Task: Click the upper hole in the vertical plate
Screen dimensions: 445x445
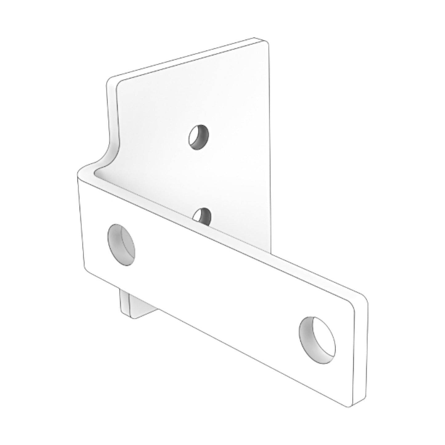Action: [x=199, y=137]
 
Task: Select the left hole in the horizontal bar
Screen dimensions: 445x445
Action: [x=122, y=245]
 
